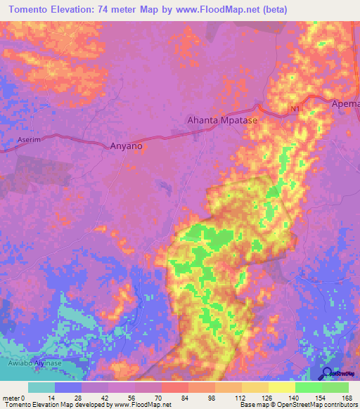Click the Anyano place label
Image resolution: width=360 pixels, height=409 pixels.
(x=127, y=146)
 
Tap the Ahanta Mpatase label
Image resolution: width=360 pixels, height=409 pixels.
(x=222, y=120)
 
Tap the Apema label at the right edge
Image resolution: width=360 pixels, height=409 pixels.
(x=345, y=104)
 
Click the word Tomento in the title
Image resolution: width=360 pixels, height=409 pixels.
(x=32, y=10)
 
